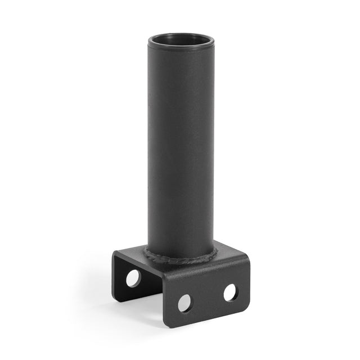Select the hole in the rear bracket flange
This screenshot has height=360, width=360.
coord(133,278)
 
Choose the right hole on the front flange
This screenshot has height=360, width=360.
coord(230,292)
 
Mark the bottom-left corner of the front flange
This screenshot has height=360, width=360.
coord(166,325)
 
